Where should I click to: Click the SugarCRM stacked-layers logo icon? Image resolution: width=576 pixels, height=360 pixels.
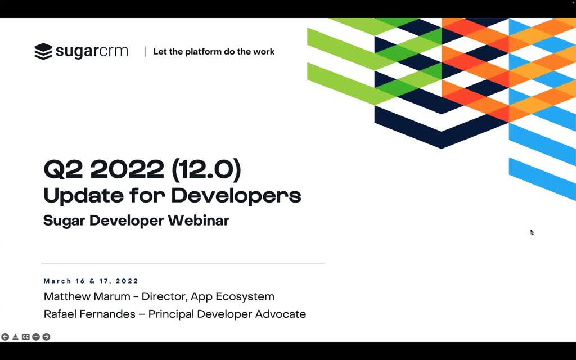[x=43, y=51]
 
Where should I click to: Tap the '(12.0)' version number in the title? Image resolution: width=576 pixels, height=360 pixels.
[x=206, y=170]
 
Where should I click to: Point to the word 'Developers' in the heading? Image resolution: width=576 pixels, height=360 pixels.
[x=236, y=196]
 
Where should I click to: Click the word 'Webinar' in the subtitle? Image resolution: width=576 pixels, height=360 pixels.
[x=199, y=220]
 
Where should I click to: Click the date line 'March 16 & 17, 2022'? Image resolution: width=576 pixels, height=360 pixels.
[x=91, y=281]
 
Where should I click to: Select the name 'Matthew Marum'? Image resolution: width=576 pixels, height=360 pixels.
[x=87, y=296]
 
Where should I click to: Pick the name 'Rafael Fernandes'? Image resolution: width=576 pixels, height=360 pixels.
[x=89, y=314]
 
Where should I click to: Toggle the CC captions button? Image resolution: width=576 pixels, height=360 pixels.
[x=26, y=337]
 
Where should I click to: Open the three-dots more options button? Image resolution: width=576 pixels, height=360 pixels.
[x=36, y=337]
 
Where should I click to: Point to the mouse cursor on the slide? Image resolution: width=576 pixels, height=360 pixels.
[x=532, y=232]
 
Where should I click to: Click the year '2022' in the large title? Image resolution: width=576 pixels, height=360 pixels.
[x=127, y=170]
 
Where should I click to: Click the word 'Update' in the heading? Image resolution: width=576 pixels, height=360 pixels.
[x=83, y=196]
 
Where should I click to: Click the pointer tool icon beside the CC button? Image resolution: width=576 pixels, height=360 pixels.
[x=15, y=337]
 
